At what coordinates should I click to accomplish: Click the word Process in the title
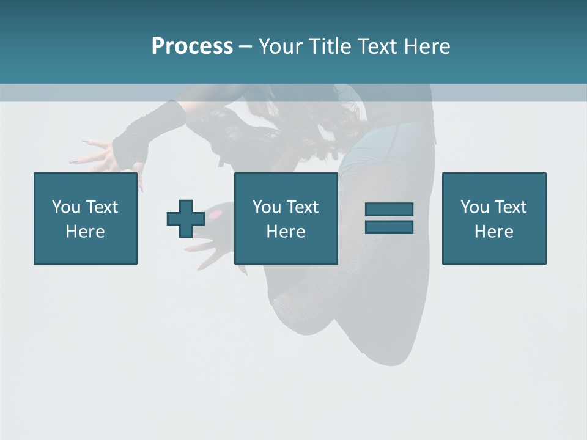[192, 46]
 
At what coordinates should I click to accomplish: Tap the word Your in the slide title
[281, 46]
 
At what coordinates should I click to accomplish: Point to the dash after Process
[245, 47]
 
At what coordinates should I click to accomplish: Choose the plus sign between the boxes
[186, 219]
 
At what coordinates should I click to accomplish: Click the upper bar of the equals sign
[389, 210]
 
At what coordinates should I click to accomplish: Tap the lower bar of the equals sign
[389, 227]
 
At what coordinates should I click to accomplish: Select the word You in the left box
[65, 207]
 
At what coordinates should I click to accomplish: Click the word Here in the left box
[85, 232]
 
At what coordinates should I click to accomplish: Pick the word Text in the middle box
[303, 207]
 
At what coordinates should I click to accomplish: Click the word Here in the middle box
[286, 232]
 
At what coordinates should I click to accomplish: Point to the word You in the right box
[474, 207]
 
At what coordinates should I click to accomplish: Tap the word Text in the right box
[511, 207]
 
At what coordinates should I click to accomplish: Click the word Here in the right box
[493, 232]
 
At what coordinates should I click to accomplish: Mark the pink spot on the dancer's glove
[215, 215]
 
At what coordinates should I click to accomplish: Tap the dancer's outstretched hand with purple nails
[98, 153]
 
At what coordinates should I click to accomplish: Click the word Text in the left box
[102, 207]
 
